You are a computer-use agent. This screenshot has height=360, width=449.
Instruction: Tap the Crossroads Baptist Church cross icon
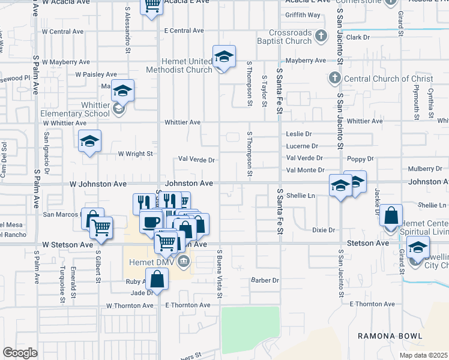point(321,35)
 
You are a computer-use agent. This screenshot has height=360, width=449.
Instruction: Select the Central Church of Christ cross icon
point(334,78)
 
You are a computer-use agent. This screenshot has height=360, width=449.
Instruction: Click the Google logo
point(20,353)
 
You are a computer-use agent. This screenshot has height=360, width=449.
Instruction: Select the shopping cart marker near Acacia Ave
point(152,6)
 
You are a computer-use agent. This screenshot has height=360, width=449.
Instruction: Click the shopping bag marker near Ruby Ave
point(157,278)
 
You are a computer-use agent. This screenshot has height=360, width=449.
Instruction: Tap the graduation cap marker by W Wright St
point(90,142)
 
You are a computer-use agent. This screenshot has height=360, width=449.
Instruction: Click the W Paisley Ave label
point(96,74)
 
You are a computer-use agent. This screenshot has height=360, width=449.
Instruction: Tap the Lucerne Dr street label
point(302,146)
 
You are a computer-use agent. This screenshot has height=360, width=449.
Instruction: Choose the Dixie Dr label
point(324,230)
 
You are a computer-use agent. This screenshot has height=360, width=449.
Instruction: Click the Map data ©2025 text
point(423,355)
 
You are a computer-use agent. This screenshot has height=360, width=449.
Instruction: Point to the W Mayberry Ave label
point(66,62)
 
